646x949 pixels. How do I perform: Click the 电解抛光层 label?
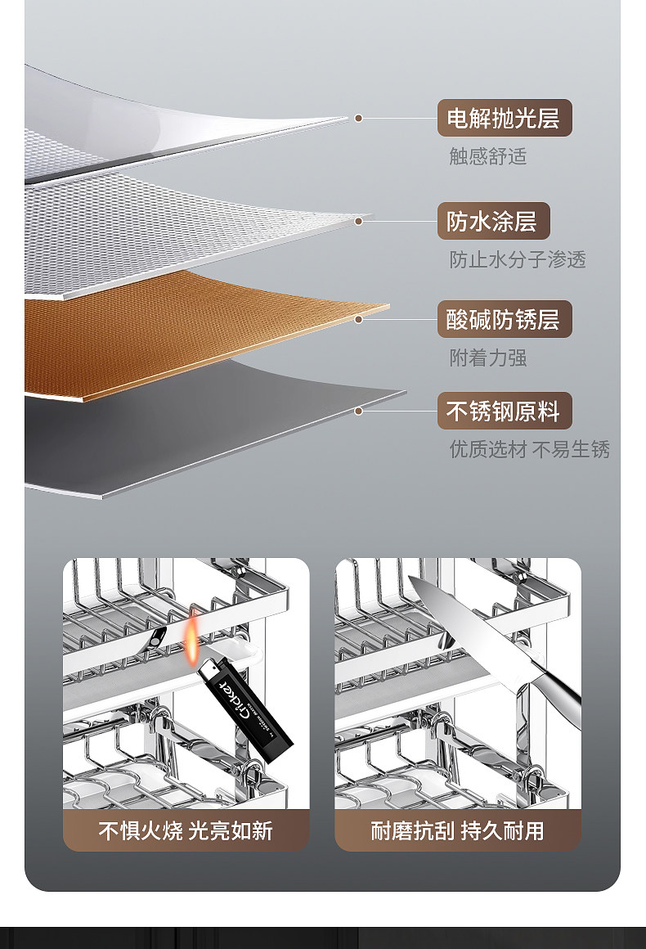[504, 118]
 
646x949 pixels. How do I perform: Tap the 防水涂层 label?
[492, 221]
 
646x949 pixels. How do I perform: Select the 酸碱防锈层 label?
[504, 319]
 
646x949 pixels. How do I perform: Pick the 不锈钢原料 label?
[504, 411]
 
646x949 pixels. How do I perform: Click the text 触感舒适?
[487, 156]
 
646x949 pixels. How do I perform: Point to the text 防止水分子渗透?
[518, 260]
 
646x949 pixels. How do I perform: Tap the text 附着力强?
[487, 358]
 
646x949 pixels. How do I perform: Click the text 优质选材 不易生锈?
[529, 449]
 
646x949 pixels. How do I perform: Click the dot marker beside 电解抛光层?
[358, 119]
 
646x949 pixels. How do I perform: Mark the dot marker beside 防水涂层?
[358, 221]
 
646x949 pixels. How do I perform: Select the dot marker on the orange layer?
[358, 319]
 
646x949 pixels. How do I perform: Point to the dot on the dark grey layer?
[358, 411]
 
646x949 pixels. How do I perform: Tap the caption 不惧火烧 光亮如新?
[186, 831]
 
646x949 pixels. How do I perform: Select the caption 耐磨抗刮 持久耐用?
[457, 831]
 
